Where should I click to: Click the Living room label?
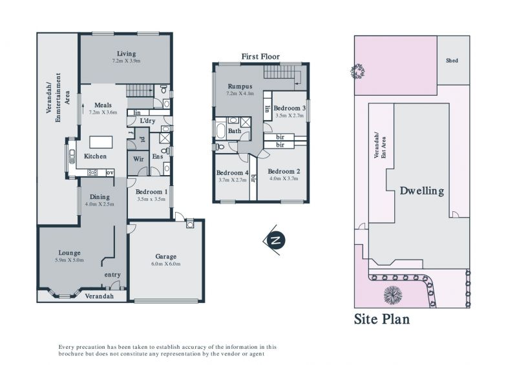(126, 54)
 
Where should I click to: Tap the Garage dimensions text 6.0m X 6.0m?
(166, 264)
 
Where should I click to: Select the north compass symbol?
(274, 240)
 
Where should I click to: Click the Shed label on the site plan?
(452, 60)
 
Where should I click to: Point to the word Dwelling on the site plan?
(422, 191)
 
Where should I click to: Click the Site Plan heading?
(382, 319)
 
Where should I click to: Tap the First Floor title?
(260, 57)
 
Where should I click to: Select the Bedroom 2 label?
(284, 171)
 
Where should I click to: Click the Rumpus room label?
(240, 87)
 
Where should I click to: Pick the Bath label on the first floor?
(235, 131)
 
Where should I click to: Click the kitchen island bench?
(101, 142)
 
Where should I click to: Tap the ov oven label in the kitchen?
(110, 172)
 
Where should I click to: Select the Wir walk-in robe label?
(138, 159)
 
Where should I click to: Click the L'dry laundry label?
(147, 121)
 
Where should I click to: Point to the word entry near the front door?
(112, 275)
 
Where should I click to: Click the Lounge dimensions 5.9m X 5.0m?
(69, 260)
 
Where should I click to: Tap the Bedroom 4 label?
(232, 172)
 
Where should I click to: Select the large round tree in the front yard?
(393, 294)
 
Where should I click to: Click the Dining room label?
(100, 197)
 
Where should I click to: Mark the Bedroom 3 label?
(290, 108)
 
